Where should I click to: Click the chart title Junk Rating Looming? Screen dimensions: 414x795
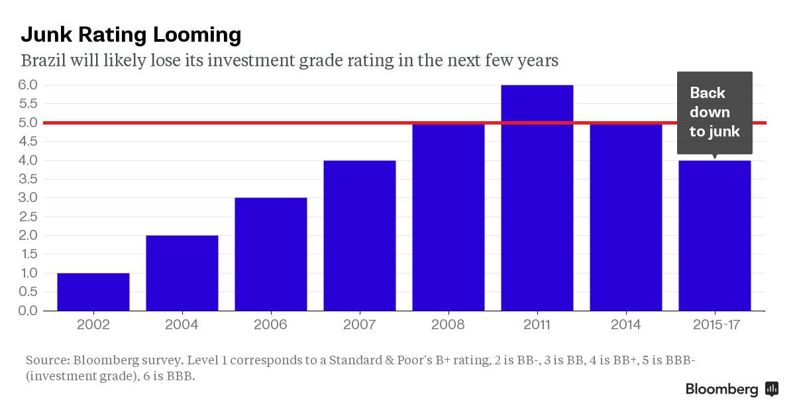[x=131, y=34]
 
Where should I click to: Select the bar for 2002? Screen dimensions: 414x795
[x=93, y=291]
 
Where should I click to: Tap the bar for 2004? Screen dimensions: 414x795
[x=182, y=273]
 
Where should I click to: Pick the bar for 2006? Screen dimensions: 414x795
[x=271, y=254]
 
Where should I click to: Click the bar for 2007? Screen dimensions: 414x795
[x=360, y=235]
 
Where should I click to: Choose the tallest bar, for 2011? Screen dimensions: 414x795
[x=537, y=199]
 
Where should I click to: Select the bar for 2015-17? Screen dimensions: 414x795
[x=715, y=235]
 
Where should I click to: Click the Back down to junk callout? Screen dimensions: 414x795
[x=714, y=112]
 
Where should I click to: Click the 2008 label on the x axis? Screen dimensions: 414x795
[x=449, y=325]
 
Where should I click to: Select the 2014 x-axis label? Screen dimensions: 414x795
[x=626, y=325]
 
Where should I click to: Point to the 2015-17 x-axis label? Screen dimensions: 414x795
[x=715, y=325]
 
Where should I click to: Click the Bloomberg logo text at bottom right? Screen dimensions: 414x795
[x=721, y=389]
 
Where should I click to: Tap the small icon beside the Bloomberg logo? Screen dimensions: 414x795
[x=772, y=389]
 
